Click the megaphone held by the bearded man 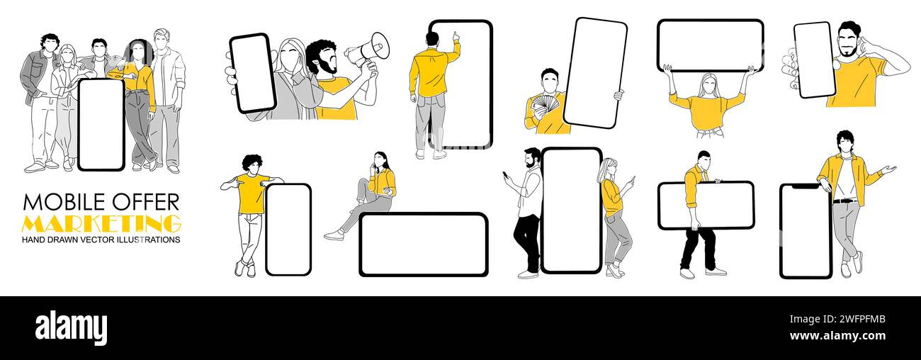click(368, 50)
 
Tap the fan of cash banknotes click(546, 105)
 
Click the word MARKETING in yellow click(101, 223)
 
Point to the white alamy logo click(71, 328)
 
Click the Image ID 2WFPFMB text click(837, 320)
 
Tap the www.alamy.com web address click(837, 336)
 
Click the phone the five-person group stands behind click(101, 125)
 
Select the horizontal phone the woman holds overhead click(711, 45)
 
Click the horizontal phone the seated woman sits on click(424, 244)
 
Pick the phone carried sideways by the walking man click(706, 206)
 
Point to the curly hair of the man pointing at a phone click(252, 162)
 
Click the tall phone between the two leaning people click(572, 210)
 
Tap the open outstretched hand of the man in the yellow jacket click(889, 169)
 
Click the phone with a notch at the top click(806, 231)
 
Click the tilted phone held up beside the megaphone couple click(252, 73)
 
